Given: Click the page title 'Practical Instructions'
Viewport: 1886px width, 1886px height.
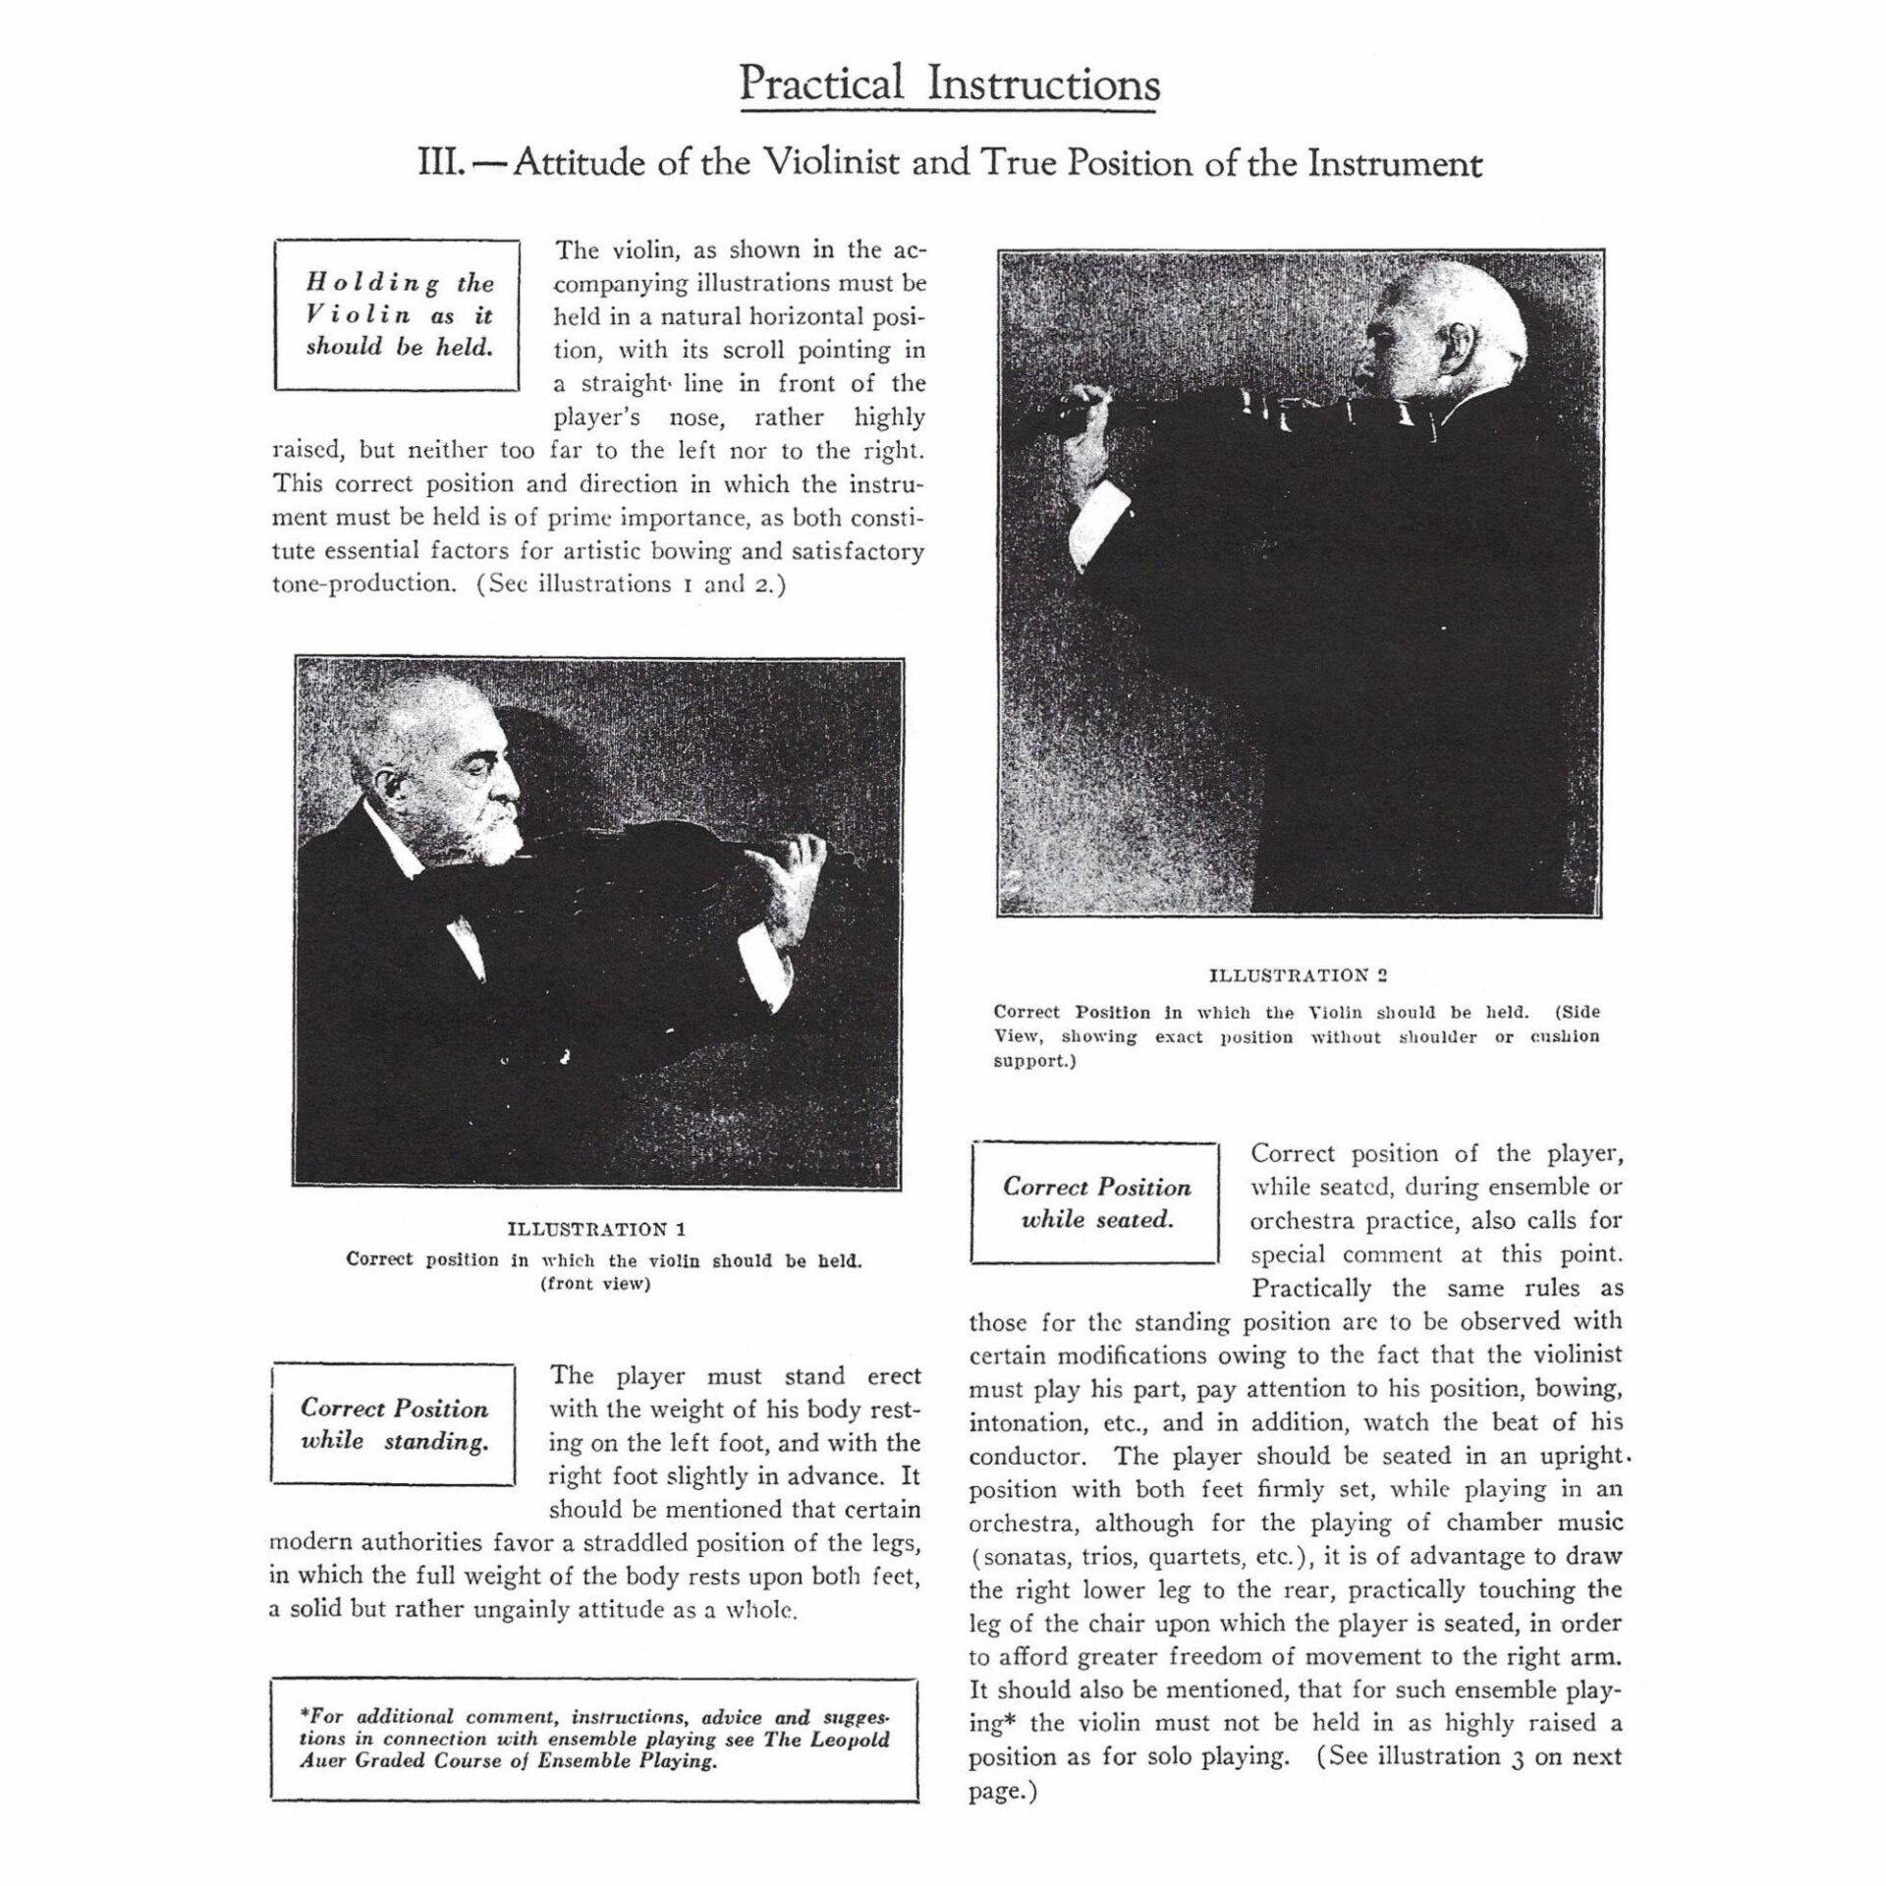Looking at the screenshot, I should tap(949, 84).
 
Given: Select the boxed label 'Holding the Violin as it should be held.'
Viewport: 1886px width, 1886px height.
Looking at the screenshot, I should tap(398, 315).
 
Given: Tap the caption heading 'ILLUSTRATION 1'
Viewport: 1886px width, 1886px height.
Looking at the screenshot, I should tap(596, 1229).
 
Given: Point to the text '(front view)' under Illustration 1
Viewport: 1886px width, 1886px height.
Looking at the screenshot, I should tap(596, 1285).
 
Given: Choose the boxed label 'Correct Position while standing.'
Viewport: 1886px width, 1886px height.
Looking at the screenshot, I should tap(394, 1425).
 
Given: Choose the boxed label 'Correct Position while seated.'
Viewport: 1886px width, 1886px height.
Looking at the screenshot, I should tap(1095, 1203).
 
